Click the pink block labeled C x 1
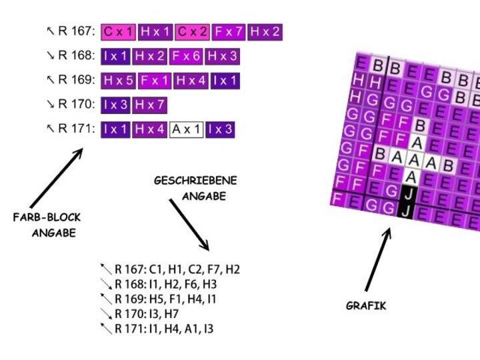(x=119, y=31)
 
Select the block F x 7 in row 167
(x=229, y=31)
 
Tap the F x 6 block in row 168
(x=187, y=57)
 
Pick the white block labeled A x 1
(x=187, y=129)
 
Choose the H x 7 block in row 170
(x=149, y=105)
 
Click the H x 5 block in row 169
(x=119, y=81)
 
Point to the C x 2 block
(x=193, y=31)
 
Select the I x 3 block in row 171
(x=220, y=129)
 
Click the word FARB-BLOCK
(x=47, y=218)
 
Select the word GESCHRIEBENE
(x=195, y=181)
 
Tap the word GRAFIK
(x=366, y=306)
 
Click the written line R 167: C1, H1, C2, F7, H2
(x=177, y=270)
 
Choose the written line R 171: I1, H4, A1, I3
(x=163, y=329)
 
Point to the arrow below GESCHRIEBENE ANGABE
(x=189, y=225)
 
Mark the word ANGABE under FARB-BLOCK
(x=53, y=233)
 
